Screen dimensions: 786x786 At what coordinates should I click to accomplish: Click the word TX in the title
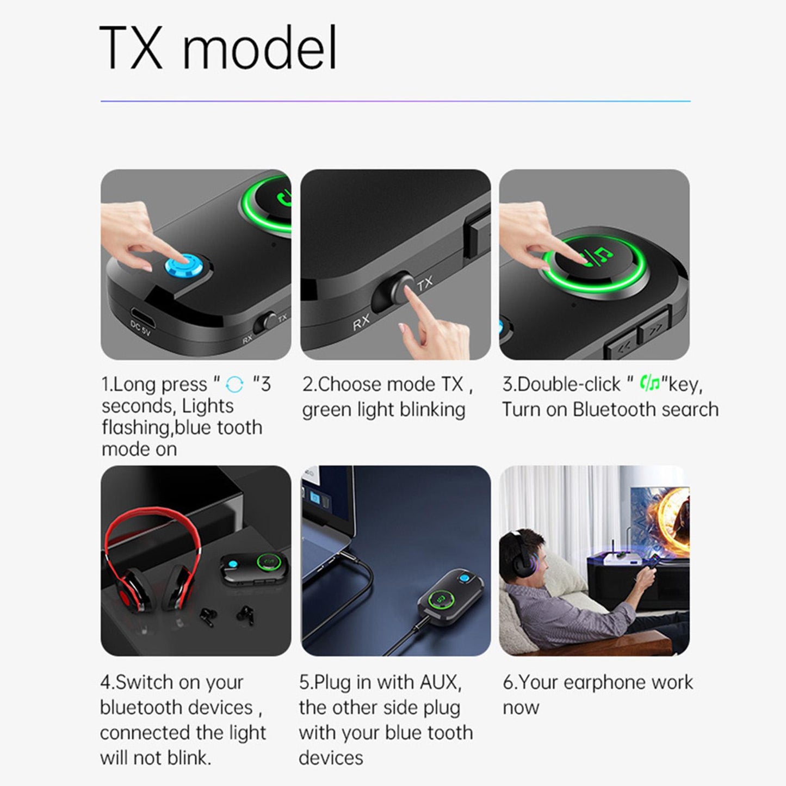click(131, 48)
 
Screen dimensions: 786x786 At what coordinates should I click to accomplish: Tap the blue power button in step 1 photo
click(184, 268)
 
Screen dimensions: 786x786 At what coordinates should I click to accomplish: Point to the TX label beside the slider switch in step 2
click(425, 283)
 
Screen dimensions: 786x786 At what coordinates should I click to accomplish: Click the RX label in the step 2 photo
click(361, 323)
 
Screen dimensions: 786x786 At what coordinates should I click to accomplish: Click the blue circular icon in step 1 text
click(234, 385)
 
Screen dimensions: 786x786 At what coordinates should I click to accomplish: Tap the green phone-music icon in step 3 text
click(650, 384)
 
